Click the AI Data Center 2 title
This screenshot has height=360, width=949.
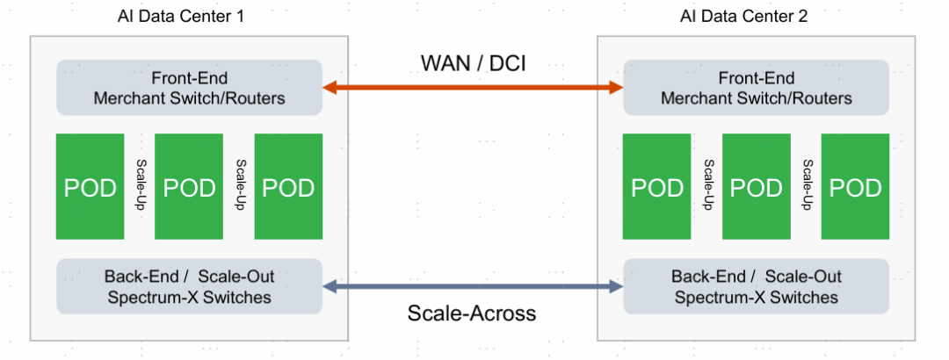[x=743, y=17]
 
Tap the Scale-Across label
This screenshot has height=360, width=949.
[x=472, y=313]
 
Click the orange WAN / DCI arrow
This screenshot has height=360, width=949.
[x=473, y=87]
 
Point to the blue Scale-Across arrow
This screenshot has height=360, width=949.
[x=473, y=287]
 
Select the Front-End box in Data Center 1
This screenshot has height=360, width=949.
[x=189, y=87]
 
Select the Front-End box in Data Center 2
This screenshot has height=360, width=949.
[x=756, y=87]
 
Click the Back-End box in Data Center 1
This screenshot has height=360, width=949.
[x=189, y=286]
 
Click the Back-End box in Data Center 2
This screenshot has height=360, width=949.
[x=756, y=286]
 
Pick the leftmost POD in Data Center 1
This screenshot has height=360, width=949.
[x=90, y=187]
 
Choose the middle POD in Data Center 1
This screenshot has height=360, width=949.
[x=189, y=187]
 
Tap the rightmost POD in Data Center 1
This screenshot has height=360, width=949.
[x=288, y=187]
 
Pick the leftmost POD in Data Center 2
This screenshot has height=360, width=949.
[x=657, y=187]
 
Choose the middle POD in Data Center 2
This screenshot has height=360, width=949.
[x=757, y=187]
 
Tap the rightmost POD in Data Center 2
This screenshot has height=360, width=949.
[x=856, y=187]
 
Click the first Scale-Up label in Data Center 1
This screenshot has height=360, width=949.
[x=140, y=185]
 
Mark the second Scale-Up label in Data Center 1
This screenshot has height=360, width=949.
[x=239, y=185]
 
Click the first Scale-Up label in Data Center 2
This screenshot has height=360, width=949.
[x=707, y=185]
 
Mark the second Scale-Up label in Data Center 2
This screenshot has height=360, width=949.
[x=807, y=185]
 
